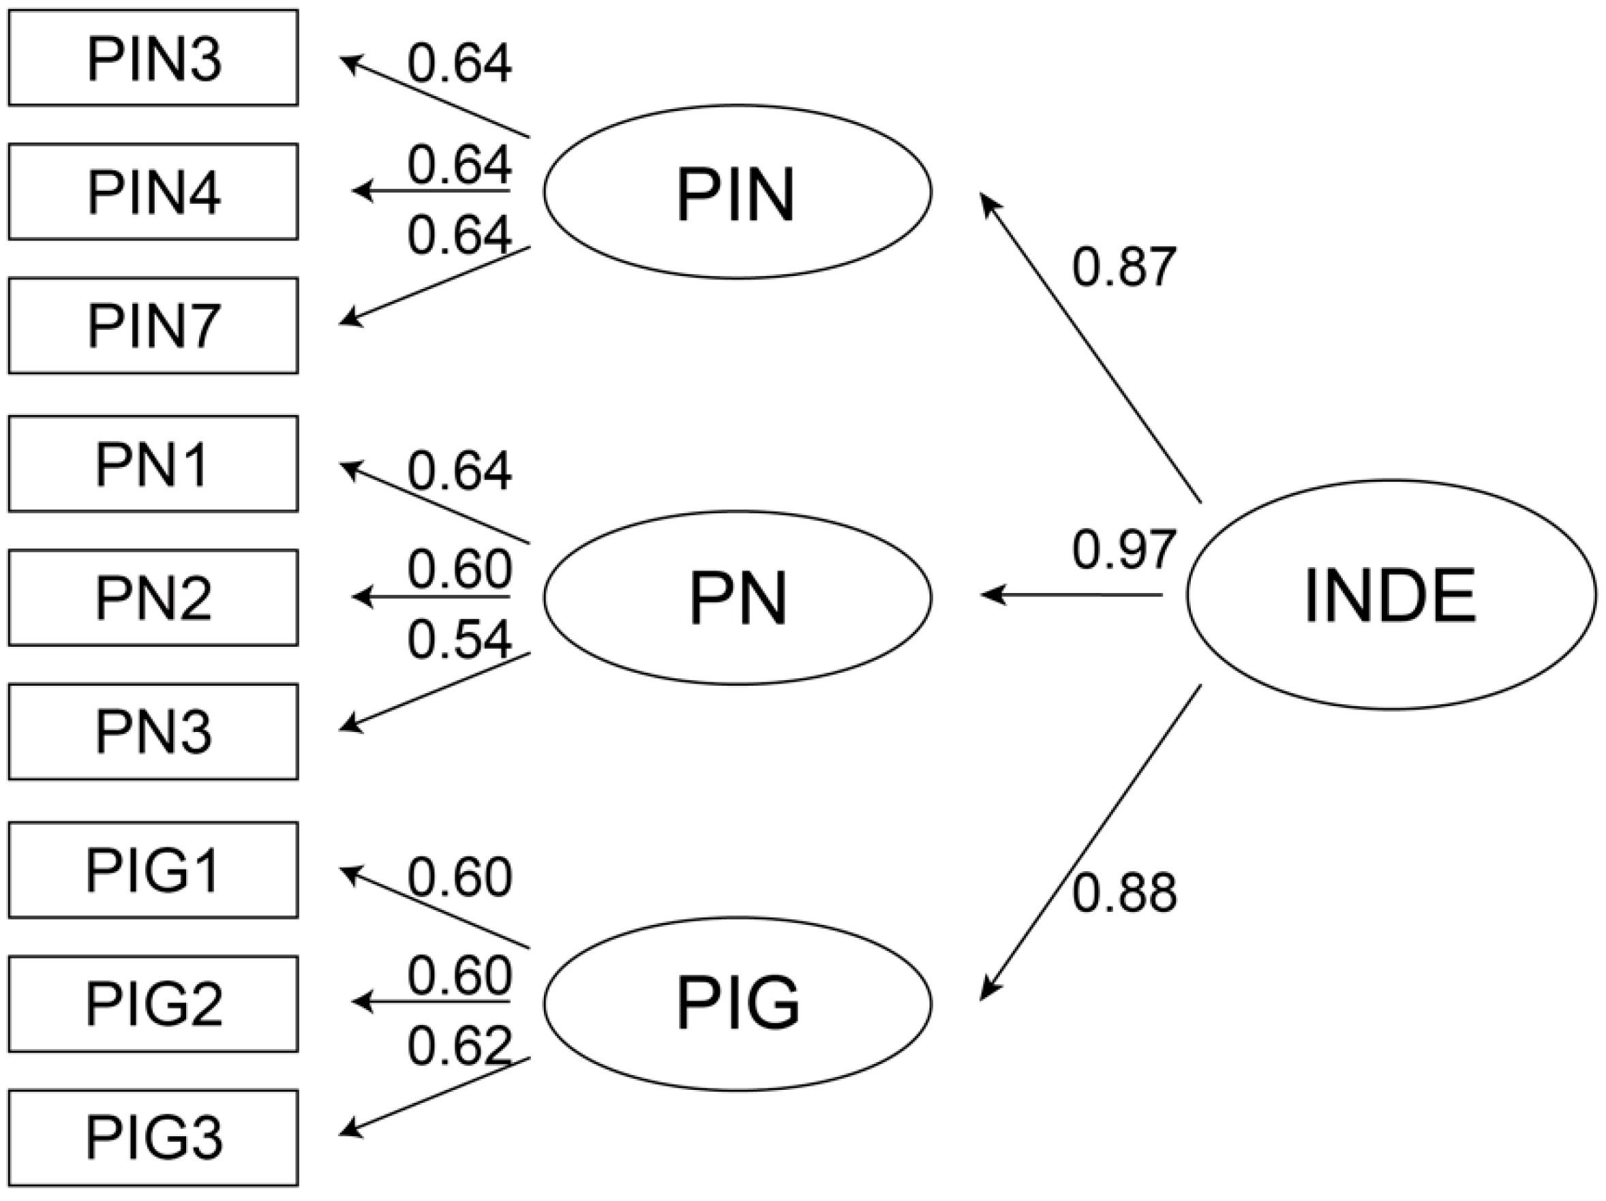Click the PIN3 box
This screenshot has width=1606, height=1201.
[153, 57]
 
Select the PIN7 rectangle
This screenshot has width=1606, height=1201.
[153, 325]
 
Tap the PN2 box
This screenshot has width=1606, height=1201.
[153, 597]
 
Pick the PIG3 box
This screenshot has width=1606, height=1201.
[153, 1138]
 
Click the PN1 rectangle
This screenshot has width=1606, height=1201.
[153, 463]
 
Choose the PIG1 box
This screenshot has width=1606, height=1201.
[153, 870]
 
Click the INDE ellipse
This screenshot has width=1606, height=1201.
[1391, 594]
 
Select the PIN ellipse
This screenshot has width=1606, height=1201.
[737, 192]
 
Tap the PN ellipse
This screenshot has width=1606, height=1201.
[737, 597]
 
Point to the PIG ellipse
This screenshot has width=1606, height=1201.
[737, 1003]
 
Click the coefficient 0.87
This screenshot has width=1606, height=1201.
[1123, 267]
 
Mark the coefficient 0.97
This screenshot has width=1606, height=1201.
[1123, 549]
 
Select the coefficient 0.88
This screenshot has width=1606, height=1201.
[1123, 893]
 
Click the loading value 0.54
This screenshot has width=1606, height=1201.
[459, 641]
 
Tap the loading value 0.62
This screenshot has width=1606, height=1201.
[459, 1046]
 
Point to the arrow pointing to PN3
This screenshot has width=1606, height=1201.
[436, 691]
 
